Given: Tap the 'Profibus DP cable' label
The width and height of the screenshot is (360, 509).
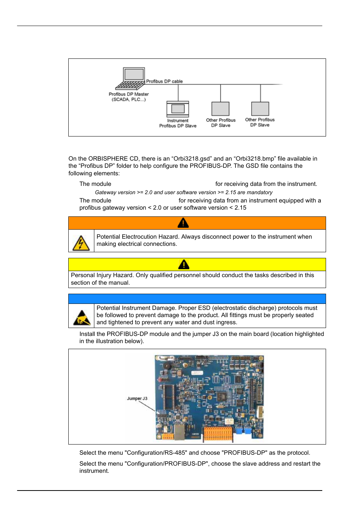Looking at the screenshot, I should pyautogui.click(x=164, y=81).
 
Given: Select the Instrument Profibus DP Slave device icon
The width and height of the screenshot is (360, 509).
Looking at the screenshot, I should pyautogui.click(x=178, y=109).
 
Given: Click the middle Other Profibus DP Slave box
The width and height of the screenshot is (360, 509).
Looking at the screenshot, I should pyautogui.click(x=220, y=109).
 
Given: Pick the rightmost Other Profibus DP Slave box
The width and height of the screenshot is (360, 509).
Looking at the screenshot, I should pyautogui.click(x=260, y=109).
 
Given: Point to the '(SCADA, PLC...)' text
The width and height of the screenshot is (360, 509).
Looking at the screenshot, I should pyautogui.click(x=128, y=100).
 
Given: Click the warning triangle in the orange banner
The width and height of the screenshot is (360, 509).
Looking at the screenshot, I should pyautogui.click(x=183, y=223).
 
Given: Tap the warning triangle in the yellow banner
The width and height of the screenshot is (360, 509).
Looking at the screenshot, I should pyautogui.click(x=183, y=264).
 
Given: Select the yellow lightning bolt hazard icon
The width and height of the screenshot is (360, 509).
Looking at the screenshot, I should pyautogui.click(x=81, y=243).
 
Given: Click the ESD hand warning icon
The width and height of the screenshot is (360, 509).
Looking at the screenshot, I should pyautogui.click(x=82, y=318).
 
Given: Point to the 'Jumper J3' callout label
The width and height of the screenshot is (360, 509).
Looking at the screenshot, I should pyautogui.click(x=137, y=399).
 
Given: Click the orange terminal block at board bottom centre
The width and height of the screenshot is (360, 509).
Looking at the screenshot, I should pyautogui.click(x=218, y=434).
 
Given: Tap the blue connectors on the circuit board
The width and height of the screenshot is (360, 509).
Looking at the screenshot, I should pyautogui.click(x=243, y=431).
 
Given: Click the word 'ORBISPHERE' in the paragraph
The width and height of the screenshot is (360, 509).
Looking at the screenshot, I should pyautogui.click(x=108, y=159).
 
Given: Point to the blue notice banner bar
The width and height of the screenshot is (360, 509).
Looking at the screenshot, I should pyautogui.click(x=197, y=299).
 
